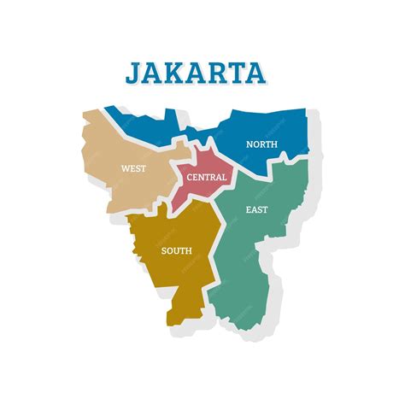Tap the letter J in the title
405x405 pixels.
(x=134, y=72)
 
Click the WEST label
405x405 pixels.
(x=133, y=168)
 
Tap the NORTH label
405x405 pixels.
(x=261, y=144)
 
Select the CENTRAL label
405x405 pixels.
(x=207, y=178)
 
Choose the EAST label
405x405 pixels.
(x=255, y=209)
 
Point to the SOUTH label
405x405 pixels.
(x=176, y=250)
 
